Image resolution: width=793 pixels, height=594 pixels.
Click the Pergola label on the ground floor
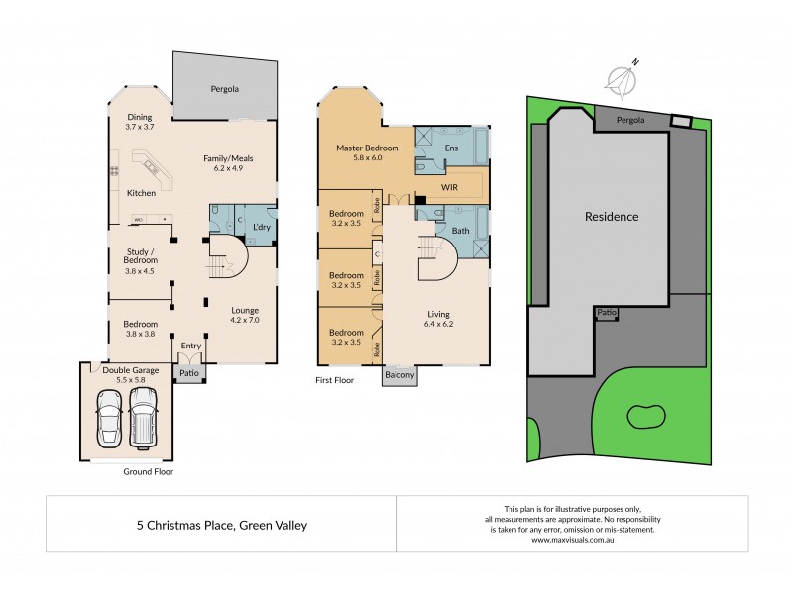[x=225, y=89]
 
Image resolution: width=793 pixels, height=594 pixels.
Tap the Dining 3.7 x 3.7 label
[x=139, y=123]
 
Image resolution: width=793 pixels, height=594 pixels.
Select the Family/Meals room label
[x=223, y=162]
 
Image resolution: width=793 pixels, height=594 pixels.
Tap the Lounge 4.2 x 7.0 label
[x=244, y=314]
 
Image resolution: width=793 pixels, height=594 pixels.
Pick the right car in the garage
[x=144, y=416]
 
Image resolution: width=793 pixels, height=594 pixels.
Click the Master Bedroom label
[x=367, y=152]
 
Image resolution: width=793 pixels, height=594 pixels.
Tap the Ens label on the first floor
[x=451, y=148]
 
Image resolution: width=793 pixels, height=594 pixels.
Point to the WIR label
[x=448, y=185]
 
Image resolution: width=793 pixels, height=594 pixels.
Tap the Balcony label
[x=400, y=376]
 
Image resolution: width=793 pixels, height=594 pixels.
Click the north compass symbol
[x=622, y=78]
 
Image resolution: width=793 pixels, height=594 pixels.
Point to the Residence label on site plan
[x=611, y=216]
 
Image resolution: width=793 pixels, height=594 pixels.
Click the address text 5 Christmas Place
[x=222, y=525]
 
